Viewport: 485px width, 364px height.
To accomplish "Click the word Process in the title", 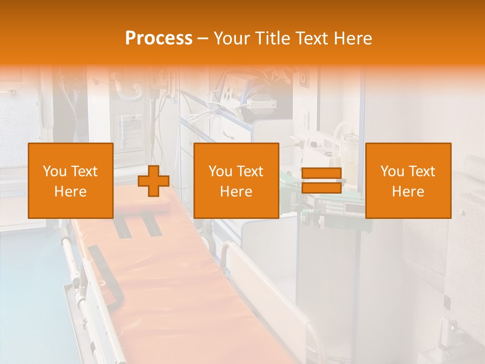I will point(159,38).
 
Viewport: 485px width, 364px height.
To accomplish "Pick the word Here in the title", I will point(353,38).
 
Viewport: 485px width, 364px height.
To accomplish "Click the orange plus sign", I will point(154,181).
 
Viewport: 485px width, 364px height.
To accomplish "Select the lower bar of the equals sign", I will point(321,188).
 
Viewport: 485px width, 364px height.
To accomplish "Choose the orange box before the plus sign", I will point(71,180).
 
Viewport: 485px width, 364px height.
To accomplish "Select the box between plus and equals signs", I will point(236,180).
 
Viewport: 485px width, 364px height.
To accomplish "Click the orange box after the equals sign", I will point(408,180).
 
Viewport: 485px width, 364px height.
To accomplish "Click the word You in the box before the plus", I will point(53,171).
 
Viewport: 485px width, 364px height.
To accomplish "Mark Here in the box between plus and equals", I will point(236,192).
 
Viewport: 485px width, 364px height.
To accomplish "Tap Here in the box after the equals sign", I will point(408,192).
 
